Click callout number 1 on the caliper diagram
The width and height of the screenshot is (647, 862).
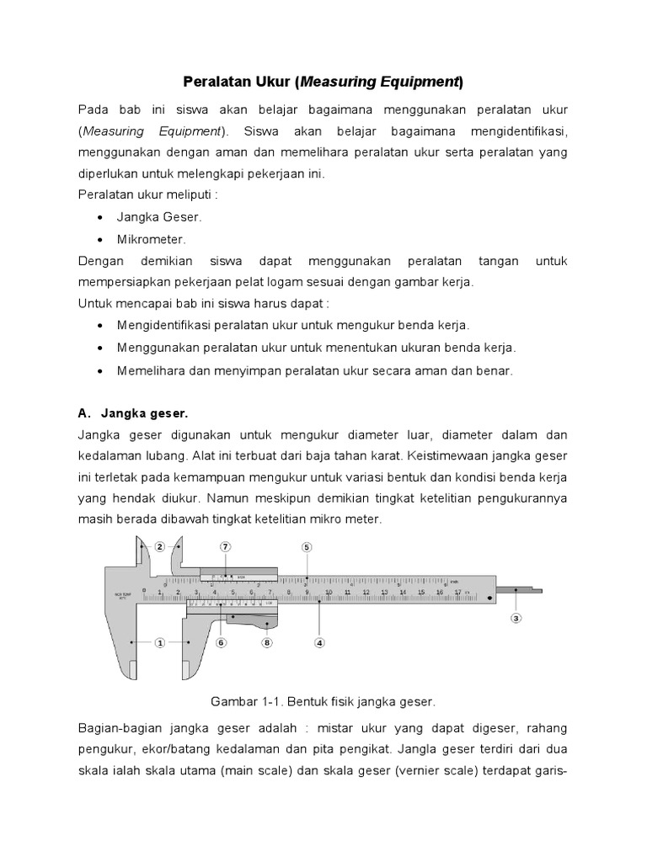pyautogui.click(x=158, y=642)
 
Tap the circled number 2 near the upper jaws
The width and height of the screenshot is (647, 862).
pyautogui.click(x=158, y=546)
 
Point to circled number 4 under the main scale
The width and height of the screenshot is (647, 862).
pyautogui.click(x=319, y=642)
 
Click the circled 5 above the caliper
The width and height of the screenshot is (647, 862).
pyautogui.click(x=307, y=546)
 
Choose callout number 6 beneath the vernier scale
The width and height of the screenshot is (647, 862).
pyautogui.click(x=222, y=642)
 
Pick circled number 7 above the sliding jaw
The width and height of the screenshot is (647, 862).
pyautogui.click(x=225, y=546)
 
